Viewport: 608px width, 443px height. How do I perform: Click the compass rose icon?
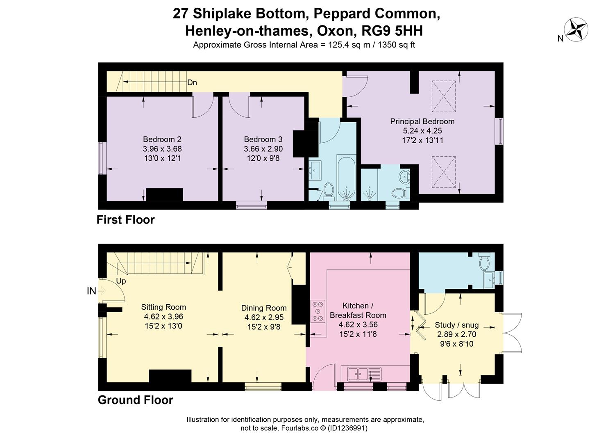tap(576, 30)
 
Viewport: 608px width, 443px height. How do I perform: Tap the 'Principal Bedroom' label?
tap(422, 121)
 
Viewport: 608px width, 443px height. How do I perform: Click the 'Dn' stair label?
tap(192, 82)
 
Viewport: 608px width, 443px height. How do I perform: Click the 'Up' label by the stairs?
tap(121, 281)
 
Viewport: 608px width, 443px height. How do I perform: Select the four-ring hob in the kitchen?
tap(318, 311)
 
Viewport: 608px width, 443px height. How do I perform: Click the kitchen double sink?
tap(358, 374)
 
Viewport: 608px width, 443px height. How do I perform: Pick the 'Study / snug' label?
tap(456, 325)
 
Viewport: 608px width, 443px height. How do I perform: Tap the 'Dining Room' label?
tap(263, 308)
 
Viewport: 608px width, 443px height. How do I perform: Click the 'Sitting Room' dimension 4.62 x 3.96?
tap(163, 317)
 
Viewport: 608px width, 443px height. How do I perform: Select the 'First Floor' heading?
tap(125, 220)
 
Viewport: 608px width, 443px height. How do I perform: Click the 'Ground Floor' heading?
tap(135, 400)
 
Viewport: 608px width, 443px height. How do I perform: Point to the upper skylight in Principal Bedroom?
tap(444, 96)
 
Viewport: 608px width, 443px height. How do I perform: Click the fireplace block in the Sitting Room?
tap(170, 376)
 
